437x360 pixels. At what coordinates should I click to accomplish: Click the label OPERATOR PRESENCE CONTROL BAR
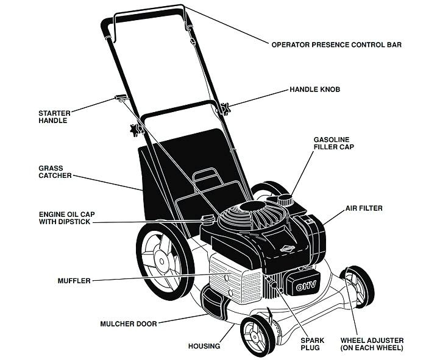tap(336, 44)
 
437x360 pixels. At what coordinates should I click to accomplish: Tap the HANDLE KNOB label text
tap(314, 90)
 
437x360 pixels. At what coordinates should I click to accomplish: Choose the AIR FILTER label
tap(364, 208)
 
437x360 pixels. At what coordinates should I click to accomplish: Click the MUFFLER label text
tap(74, 281)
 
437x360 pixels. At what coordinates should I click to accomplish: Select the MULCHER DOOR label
tap(127, 323)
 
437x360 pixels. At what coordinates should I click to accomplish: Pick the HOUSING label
tap(204, 346)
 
